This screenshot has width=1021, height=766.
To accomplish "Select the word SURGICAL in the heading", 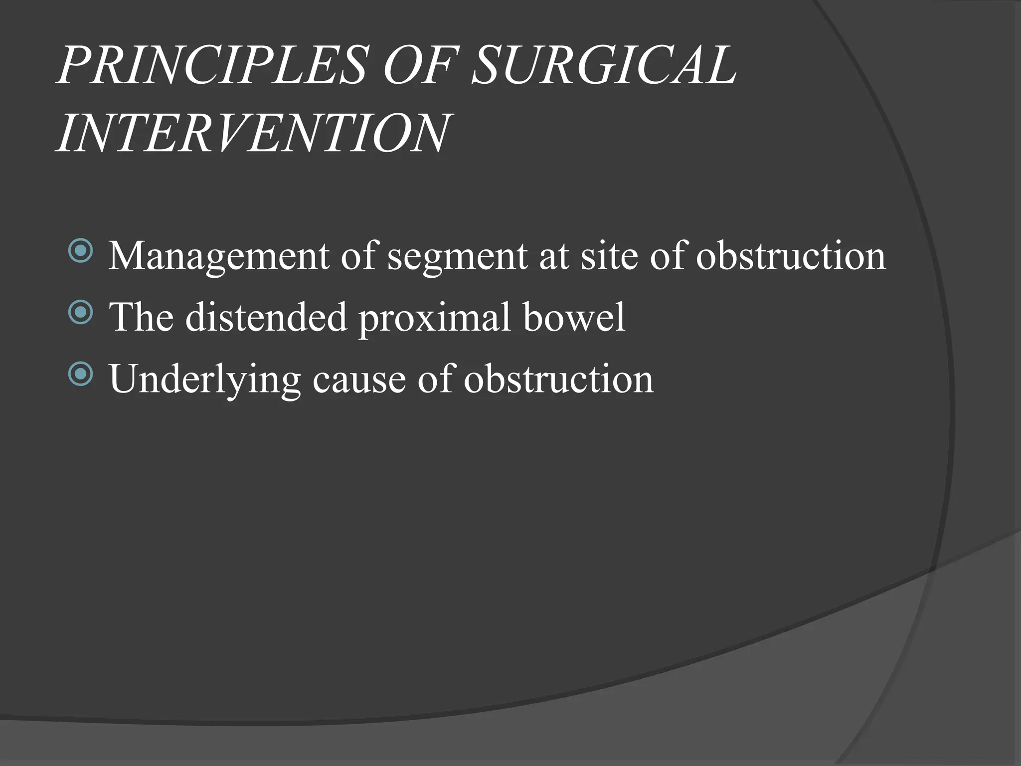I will coord(603,66).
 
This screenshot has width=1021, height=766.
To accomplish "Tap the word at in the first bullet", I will coord(553,256).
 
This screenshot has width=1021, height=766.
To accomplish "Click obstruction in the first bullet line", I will coord(791,255).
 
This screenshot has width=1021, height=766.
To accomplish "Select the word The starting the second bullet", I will coord(142,317).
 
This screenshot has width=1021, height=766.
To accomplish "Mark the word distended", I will coord(266,317).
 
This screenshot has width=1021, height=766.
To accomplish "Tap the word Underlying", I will coord(205,380).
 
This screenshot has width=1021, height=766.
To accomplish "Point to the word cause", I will coord(359,380).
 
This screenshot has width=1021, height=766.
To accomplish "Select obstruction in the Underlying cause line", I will coord(559,379).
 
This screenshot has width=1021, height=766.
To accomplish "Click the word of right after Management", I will coord(359,255).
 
